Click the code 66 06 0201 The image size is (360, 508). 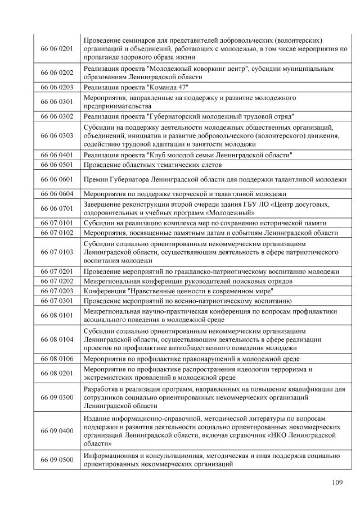coord(56,49)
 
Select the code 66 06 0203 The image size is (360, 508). coord(56,88)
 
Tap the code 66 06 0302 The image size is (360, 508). coord(56,116)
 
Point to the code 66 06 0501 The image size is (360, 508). coord(56,165)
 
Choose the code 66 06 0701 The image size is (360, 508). coord(56,208)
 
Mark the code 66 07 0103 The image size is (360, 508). coord(56,252)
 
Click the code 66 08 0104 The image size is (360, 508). coord(56,339)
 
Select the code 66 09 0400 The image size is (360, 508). coord(56,430)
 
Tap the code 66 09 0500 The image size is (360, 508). coord(56,460)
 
